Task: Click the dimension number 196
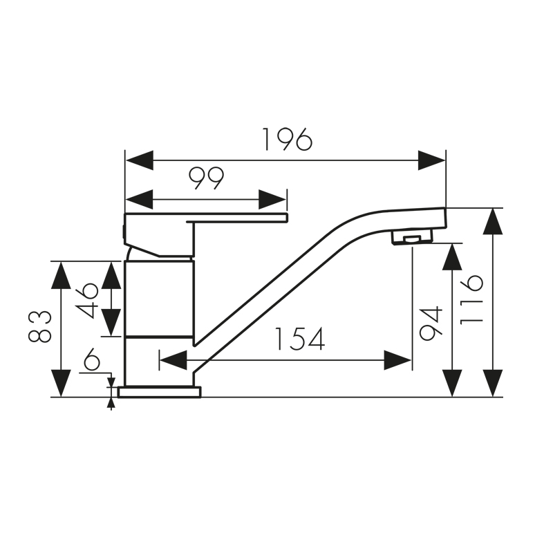tap(287, 140)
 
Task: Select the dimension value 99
tap(207, 179)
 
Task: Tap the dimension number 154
tap(299, 339)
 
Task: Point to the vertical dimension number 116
tap(472, 299)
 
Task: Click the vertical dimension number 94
tap(430, 322)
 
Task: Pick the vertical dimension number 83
tap(41, 326)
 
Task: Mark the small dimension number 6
tap(92, 359)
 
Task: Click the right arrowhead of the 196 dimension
tap(432, 160)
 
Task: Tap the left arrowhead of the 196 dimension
tap(138, 160)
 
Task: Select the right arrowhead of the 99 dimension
tap(272, 200)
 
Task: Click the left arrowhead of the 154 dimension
tap(173, 360)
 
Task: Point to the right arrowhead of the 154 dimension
tap(398, 360)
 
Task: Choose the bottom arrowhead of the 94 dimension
tap(452, 383)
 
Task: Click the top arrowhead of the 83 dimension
tap(62, 274)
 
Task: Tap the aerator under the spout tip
tap(410, 238)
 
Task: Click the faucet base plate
tap(159, 392)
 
